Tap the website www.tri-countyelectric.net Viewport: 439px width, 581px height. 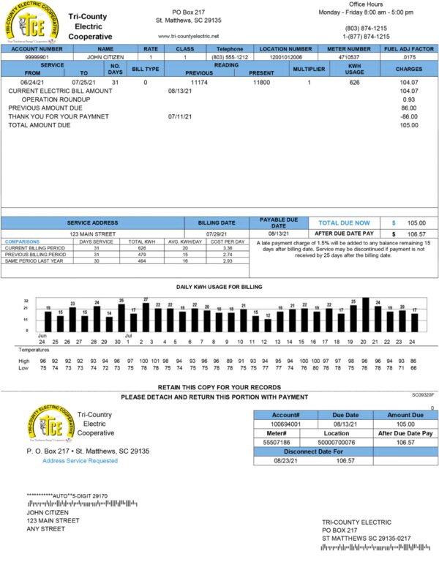[x=188, y=36]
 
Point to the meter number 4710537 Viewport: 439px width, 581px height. [x=351, y=56]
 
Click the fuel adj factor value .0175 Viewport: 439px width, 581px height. [x=409, y=56]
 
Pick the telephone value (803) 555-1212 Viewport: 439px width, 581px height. [x=230, y=56]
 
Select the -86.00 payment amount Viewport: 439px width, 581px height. [x=409, y=116]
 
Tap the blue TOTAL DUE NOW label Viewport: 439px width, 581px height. [x=344, y=222]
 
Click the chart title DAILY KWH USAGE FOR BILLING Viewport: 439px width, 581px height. [x=219, y=287]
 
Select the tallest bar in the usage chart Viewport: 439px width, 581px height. [x=365, y=315]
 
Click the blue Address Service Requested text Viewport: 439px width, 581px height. [x=80, y=461]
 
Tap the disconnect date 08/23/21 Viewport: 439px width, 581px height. [x=288, y=461]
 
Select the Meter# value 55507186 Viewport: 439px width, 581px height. [x=277, y=443]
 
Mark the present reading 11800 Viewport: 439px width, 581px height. [x=261, y=82]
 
